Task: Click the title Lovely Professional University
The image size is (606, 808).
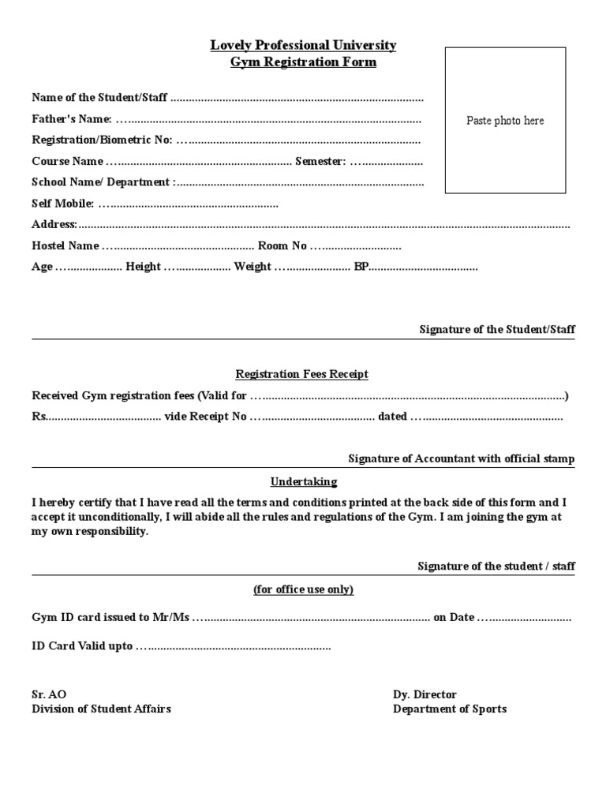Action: [303, 45]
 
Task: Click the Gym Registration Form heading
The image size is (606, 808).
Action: [303, 62]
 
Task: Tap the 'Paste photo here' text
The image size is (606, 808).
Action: [505, 121]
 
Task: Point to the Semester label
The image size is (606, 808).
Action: [320, 162]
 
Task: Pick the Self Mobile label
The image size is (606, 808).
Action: [62, 204]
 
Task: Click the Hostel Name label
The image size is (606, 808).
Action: [65, 246]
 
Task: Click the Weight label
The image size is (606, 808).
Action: [252, 267]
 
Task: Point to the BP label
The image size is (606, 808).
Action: [361, 267]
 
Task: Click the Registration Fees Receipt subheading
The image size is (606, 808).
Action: [303, 374]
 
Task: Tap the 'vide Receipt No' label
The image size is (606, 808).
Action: [205, 417]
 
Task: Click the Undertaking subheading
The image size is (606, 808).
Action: [304, 481]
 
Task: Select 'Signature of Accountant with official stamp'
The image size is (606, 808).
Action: [462, 459]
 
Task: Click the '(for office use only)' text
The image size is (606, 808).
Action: [303, 590]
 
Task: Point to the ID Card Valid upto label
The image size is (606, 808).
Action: [82, 646]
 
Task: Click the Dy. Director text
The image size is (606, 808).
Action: [425, 694]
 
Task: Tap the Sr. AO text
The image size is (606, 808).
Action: [49, 694]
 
